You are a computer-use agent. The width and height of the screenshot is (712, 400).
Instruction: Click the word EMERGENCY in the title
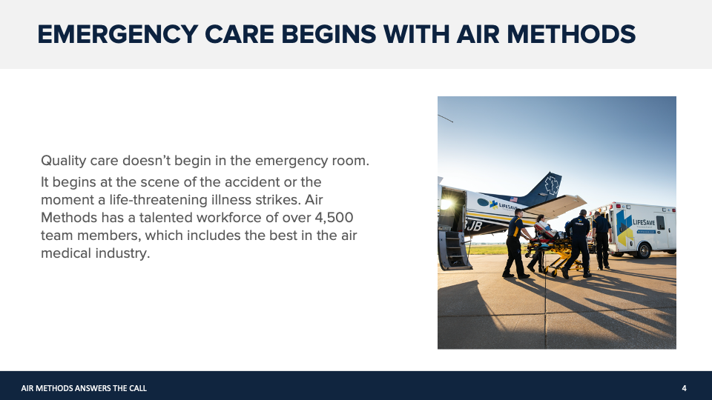pyautogui.click(x=118, y=35)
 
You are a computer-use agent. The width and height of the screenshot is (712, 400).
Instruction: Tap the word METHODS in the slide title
pyautogui.click(x=571, y=35)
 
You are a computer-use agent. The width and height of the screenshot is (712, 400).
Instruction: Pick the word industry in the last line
pyautogui.click(x=122, y=253)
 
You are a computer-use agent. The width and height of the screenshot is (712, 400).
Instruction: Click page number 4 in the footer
pyautogui.click(x=684, y=388)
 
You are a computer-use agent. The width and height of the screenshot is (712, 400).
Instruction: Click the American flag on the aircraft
pyautogui.click(x=513, y=199)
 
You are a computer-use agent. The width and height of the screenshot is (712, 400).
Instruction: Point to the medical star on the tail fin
pyautogui.click(x=552, y=184)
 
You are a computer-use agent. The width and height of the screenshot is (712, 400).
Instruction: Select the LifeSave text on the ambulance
pyautogui.click(x=644, y=222)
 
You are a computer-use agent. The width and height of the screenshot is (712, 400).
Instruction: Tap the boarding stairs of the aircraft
pyautogui.click(x=455, y=250)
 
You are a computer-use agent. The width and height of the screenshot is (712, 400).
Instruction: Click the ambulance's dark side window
pyautogui.click(x=661, y=223)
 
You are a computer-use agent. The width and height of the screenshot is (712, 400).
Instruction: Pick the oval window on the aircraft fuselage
pyautogui.click(x=483, y=202)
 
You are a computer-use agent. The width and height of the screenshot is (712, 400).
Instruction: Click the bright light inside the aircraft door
pyautogui.click(x=446, y=204)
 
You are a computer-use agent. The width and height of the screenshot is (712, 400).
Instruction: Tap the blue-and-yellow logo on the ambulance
pyautogui.click(x=624, y=229)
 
